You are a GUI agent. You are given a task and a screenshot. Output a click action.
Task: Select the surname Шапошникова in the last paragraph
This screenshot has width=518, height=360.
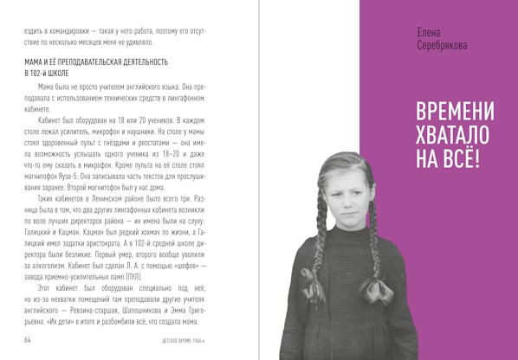tap(135, 306)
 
